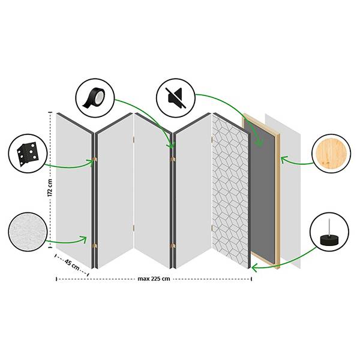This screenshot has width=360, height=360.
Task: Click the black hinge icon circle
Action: tap(28, 154)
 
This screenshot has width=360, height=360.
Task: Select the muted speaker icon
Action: tap(176, 98)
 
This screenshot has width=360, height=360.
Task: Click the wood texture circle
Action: tap(331, 154)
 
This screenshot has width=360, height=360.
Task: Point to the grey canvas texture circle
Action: tap(28, 232)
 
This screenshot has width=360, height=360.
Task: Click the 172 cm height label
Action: tap(50, 188)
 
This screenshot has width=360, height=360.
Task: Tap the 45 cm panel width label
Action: tap(72, 265)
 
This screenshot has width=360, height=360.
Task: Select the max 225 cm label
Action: tap(154, 279)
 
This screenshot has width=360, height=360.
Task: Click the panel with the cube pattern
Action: tap(230, 191)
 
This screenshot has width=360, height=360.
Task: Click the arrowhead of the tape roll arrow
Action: tap(170, 145)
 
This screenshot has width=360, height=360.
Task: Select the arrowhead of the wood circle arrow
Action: tap(284, 160)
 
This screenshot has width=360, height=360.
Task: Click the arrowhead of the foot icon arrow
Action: tap(254, 268)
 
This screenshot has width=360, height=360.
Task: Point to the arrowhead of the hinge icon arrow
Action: tap(91, 162)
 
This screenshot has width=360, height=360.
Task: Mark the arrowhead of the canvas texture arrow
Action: tap(84, 239)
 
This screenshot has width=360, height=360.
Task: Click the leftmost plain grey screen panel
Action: tap(74, 191)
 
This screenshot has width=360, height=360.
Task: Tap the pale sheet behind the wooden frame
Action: tap(290, 191)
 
